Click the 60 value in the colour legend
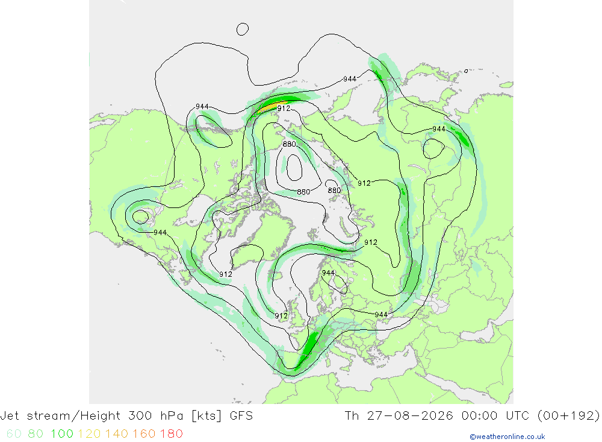pos(14,434)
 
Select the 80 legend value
pos(36,434)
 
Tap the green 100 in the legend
pos(62,434)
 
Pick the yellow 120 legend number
pos(89,434)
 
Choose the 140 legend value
pos(117,434)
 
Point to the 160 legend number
pos(144,434)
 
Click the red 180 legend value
pos(171,434)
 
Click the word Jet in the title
pos(10,416)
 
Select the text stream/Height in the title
pos(73,416)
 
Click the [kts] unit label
pos(206,416)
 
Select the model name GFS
pos(241,416)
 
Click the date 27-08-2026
pos(410,416)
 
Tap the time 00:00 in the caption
pos(480,416)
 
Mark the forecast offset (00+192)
pos(569,416)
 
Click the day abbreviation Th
pos(352,416)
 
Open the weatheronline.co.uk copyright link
pos(507,437)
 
